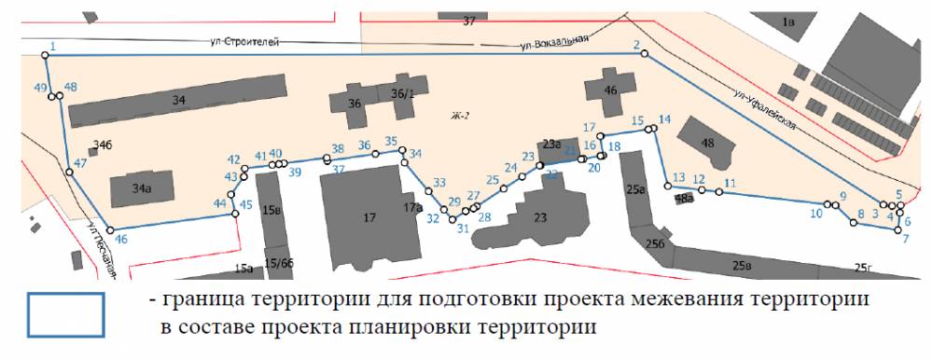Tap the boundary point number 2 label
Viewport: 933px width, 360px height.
pyautogui.click(x=636, y=45)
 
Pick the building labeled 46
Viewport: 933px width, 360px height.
pyautogui.click(x=610, y=92)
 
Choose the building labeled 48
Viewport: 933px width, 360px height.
pyautogui.click(x=706, y=142)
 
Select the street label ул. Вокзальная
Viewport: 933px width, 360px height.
pyautogui.click(x=557, y=41)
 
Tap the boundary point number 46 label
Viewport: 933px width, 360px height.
pyautogui.click(x=120, y=240)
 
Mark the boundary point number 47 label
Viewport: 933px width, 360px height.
pyautogui.click(x=80, y=163)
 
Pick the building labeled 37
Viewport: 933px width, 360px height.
pyautogui.click(x=468, y=20)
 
